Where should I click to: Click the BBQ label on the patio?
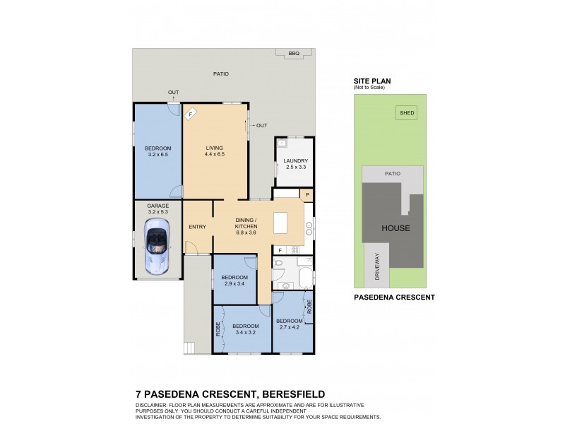[x=292, y=53]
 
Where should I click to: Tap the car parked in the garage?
[x=155, y=245]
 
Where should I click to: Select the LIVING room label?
[x=214, y=148]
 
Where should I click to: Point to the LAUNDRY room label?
[x=295, y=160]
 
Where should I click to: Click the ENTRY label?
[x=197, y=227]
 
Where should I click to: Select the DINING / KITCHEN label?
[x=248, y=223]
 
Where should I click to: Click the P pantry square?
[x=307, y=194]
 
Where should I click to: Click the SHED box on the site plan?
[x=406, y=112]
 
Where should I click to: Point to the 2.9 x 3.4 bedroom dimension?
[x=234, y=283]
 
